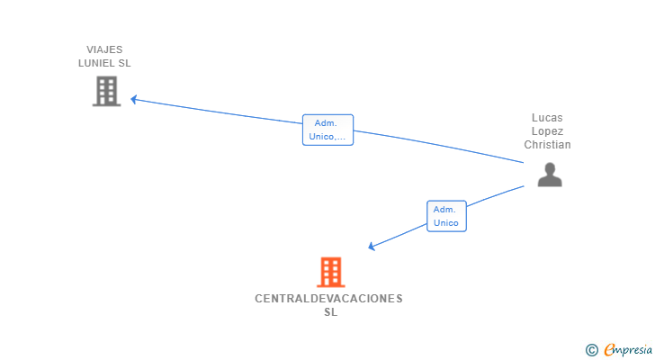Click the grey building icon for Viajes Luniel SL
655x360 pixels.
click(x=106, y=91)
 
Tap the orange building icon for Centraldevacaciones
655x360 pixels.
click(x=330, y=272)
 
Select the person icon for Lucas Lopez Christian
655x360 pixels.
click(x=549, y=174)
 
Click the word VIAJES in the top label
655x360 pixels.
click(x=105, y=49)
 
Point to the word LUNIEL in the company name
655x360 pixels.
click(x=97, y=63)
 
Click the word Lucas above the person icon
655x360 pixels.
click(x=548, y=118)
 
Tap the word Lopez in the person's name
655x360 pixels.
click(x=548, y=131)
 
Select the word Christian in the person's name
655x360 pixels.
click(x=548, y=145)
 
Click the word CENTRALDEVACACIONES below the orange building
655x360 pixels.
click(x=329, y=298)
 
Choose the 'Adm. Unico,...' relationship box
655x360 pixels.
click(x=328, y=130)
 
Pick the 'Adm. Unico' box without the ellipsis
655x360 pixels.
click(x=446, y=216)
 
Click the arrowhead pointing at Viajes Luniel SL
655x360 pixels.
click(x=134, y=99)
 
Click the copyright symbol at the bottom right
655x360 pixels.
click(x=592, y=350)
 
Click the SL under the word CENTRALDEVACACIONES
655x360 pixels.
click(x=330, y=312)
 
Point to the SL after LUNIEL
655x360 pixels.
click(x=125, y=63)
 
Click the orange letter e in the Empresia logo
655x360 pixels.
click(x=610, y=350)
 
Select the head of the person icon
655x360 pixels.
click(x=549, y=167)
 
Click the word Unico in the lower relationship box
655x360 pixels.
click(x=446, y=223)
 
